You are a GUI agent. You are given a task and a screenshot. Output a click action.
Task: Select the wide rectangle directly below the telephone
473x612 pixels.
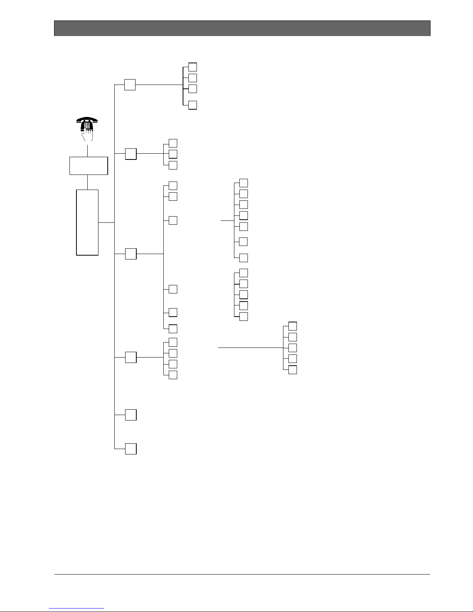tap(88, 166)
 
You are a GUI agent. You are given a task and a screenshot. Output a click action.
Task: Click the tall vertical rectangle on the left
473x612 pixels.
tap(87, 222)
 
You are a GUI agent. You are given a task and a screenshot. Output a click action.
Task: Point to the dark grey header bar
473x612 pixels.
tap(242, 28)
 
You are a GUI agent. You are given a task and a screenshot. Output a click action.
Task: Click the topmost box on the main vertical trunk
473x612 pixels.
tap(130, 85)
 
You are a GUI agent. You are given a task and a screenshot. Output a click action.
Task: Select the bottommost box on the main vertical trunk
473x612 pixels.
tap(131, 449)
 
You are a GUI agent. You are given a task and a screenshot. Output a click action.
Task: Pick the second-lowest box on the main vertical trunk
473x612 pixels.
tap(131, 415)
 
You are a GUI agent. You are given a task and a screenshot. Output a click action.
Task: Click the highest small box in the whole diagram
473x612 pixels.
tap(193, 66)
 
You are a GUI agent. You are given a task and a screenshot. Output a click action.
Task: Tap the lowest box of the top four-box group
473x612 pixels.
tap(193, 105)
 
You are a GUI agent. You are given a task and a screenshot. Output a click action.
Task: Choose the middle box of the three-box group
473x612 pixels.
tap(173, 154)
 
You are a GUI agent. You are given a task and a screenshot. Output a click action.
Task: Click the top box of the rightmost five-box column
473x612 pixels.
tap(293, 325)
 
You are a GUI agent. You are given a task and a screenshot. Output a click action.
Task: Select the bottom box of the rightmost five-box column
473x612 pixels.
tap(293, 370)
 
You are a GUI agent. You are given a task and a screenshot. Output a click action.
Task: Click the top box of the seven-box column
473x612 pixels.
tap(243, 183)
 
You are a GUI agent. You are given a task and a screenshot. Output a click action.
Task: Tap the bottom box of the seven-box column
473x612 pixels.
tap(243, 258)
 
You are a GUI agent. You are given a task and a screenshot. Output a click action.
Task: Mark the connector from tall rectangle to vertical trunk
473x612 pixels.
tap(107, 222)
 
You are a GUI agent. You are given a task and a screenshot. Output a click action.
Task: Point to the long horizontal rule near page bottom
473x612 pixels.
tap(242, 574)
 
